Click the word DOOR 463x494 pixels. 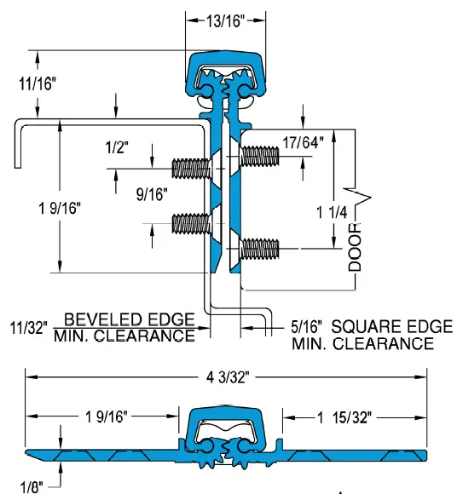point(356,246)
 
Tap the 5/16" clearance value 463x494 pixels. point(307,326)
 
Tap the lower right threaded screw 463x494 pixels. point(259,249)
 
